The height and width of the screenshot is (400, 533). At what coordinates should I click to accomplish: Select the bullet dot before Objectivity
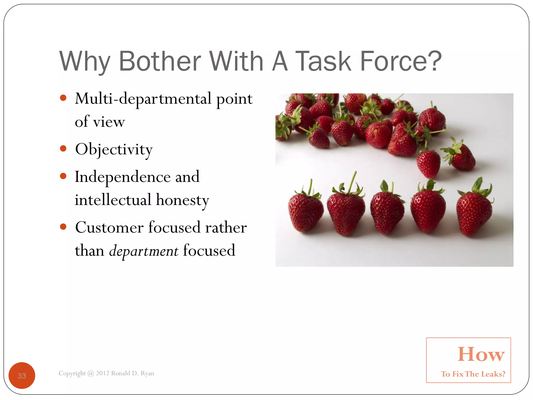click(x=63, y=149)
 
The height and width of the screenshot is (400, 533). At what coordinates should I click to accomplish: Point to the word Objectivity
click(x=114, y=150)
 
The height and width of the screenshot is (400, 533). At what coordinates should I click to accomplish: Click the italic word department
click(x=144, y=251)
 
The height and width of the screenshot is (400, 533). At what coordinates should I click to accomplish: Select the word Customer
click(x=109, y=228)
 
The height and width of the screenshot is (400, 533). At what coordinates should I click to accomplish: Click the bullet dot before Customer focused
click(x=63, y=227)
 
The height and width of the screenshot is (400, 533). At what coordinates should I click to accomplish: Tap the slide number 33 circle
click(x=22, y=375)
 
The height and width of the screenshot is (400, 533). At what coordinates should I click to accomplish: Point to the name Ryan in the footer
click(x=147, y=373)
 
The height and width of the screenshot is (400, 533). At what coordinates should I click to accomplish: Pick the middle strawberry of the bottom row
click(x=387, y=212)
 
